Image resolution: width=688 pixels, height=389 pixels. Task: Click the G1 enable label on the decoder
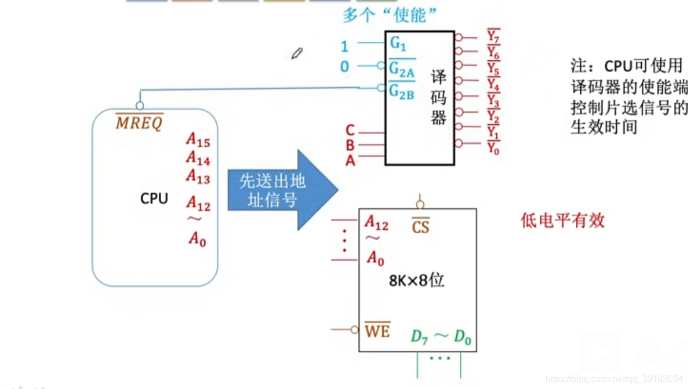pos(398,43)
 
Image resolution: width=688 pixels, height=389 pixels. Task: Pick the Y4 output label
pos(493,85)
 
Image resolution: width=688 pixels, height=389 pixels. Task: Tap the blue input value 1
pos(344,46)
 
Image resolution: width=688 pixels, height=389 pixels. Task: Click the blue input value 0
pos(344,67)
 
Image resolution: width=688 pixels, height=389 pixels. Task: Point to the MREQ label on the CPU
pos(139,123)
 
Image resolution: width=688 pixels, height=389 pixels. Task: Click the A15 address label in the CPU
pos(198,140)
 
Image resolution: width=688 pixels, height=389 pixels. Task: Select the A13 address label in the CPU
pos(198,177)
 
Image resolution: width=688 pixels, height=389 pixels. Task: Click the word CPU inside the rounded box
pos(154,198)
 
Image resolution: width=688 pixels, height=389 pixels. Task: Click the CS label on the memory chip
pos(420,227)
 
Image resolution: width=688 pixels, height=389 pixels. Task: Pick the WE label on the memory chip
pos(377,330)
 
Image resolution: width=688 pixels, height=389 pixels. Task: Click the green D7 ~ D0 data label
pos(441,337)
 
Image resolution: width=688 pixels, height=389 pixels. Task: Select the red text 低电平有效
pos(562,220)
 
